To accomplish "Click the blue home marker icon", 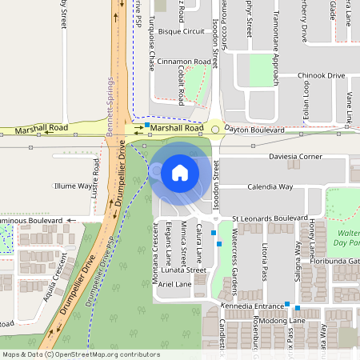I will click(x=179, y=172).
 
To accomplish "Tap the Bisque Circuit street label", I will click(x=182, y=31).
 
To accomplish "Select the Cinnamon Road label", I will click(x=184, y=61).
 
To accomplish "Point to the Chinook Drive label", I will click(x=321, y=75).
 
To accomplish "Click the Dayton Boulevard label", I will click(x=254, y=129).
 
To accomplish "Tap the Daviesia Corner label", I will click(x=295, y=157).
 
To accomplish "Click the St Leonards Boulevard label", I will click(x=270, y=218).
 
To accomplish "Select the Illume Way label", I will click(x=73, y=186).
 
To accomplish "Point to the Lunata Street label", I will click(x=182, y=270).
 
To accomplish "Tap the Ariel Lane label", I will click(x=175, y=284).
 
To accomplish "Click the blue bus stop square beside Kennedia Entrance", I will click(x=287, y=305).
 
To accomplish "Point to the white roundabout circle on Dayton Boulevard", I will click(x=215, y=130).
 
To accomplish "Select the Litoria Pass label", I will click(x=263, y=262).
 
